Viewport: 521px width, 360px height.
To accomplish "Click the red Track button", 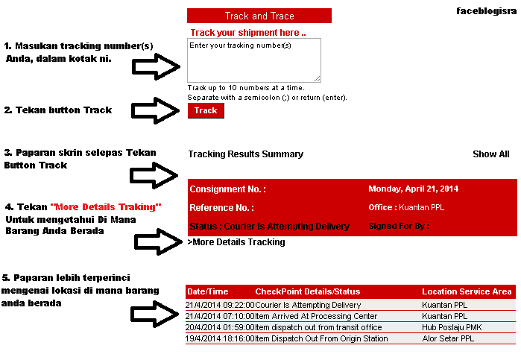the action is [205, 110].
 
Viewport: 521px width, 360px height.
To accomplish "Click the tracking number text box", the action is [253, 60].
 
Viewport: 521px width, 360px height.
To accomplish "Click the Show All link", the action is [490, 154].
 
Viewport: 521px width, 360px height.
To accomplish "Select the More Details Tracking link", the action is [236, 242].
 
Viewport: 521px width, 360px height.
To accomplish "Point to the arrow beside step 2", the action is [156, 110].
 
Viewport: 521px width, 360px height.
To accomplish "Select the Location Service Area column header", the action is [467, 291].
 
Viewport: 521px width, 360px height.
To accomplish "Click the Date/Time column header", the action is [208, 291].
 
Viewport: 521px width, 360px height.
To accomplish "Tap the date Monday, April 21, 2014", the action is [413, 189].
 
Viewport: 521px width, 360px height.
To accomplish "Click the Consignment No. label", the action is [227, 190].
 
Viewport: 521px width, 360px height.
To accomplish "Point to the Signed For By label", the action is [399, 226].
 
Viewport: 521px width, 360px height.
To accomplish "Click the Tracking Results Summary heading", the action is [245, 154].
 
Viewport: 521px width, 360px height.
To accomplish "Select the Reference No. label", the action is [221, 208].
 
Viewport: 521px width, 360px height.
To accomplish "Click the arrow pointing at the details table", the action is [156, 316].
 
